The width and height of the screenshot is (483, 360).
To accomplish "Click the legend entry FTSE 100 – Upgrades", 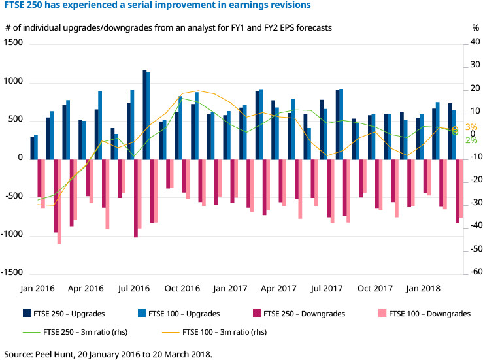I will pyautogui.click(x=184, y=314).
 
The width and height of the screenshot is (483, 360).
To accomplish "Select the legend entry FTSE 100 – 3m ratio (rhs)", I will pyautogui.click(x=222, y=332).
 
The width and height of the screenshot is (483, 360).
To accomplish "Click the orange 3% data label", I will pyautogui.click(x=471, y=127).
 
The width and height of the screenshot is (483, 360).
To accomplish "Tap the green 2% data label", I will pyautogui.click(x=471, y=140).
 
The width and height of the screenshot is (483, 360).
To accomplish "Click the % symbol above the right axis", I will pyautogui.click(x=475, y=28).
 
